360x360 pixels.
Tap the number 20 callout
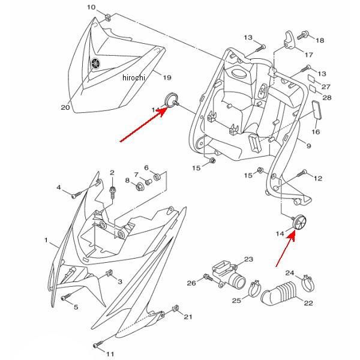click(65, 107)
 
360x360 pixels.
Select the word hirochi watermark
click(134, 77)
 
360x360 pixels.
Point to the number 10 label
click(91, 7)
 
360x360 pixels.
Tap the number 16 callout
click(315, 132)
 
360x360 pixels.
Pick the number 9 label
click(308, 146)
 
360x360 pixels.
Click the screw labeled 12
click(301, 174)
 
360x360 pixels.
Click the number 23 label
click(248, 260)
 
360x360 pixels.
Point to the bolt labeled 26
click(208, 278)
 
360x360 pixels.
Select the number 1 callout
click(46, 240)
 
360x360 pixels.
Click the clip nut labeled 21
click(175, 310)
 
